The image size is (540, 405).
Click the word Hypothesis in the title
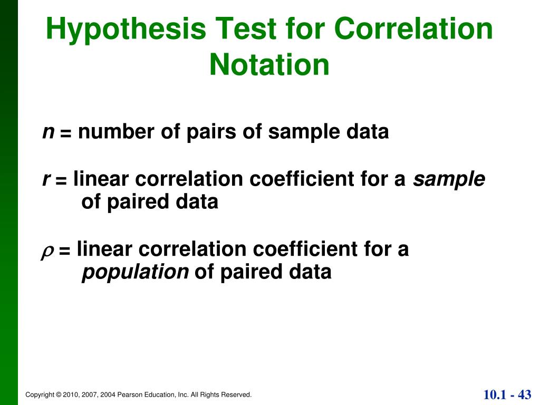click(126, 30)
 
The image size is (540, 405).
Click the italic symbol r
click(46, 179)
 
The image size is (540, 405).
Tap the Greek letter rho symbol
click(46, 250)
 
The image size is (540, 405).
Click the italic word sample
click(449, 180)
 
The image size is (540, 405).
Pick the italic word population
click(135, 272)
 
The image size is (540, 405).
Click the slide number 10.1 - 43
click(507, 394)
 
